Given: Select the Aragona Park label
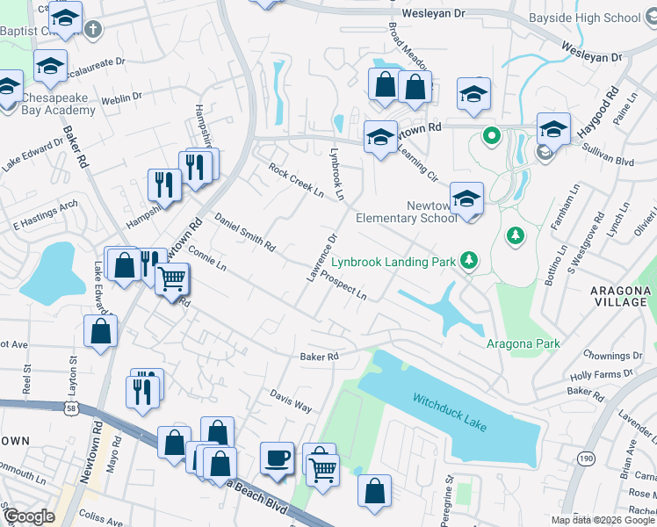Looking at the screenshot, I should (x=523, y=343).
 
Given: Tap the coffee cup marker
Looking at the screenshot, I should (x=278, y=458).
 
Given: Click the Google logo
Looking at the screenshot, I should (x=29, y=516).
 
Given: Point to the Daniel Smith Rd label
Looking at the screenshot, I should (x=245, y=233).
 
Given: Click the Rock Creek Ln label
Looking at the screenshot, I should (x=296, y=182).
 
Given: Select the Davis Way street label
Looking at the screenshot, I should (x=291, y=401).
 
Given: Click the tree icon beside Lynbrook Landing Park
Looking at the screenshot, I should (x=470, y=259).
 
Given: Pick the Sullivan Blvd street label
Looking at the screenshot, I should (x=605, y=161).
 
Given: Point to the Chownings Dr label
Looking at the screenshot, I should (x=611, y=356).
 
